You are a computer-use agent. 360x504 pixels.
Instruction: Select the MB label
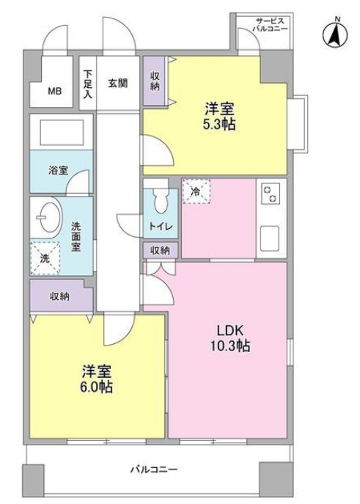(x=55, y=92)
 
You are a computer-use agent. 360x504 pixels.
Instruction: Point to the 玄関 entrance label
(x=118, y=83)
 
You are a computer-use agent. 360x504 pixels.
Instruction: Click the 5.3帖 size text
(x=220, y=125)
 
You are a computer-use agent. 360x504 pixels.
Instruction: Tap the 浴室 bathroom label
(x=58, y=170)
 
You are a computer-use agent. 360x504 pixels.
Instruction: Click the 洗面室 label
(x=76, y=237)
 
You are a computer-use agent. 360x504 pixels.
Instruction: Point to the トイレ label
(x=161, y=227)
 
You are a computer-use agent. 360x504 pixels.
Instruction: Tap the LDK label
(x=229, y=330)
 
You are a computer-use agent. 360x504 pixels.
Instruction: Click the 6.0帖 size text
(x=97, y=387)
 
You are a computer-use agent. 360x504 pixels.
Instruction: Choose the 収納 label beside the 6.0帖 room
(x=60, y=296)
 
